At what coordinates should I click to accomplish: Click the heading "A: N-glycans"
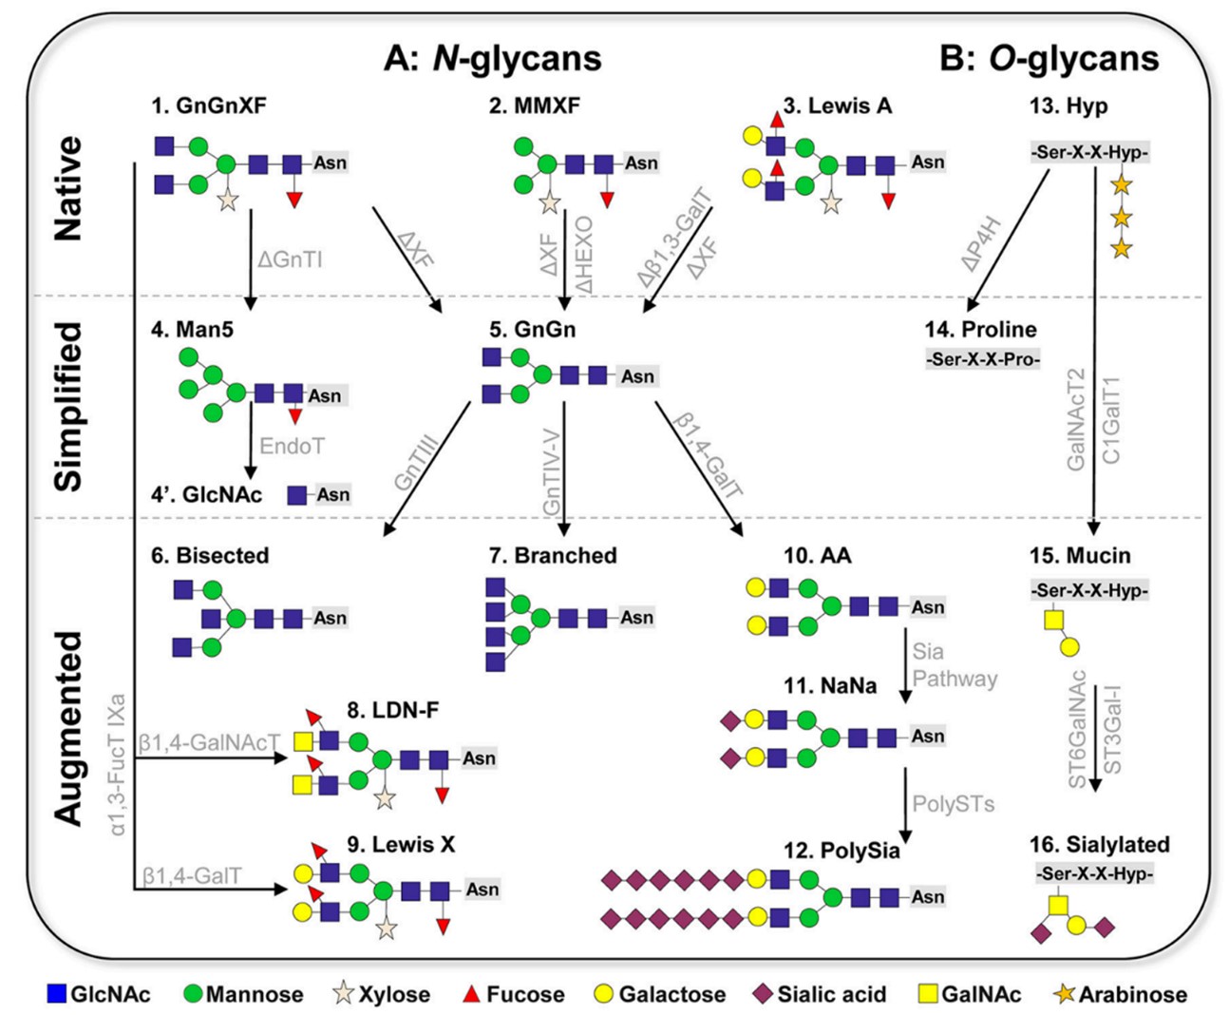coord(492,58)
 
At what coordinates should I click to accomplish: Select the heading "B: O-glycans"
coord(1049,58)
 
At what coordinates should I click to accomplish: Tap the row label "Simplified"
coord(68,406)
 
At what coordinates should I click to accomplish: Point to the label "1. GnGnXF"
coord(208,105)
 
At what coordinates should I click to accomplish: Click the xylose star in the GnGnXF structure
coord(227,200)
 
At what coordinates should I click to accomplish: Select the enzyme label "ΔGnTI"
coord(290,259)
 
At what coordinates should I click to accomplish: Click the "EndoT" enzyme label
coord(292,446)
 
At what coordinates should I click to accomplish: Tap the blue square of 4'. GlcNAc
coord(297,495)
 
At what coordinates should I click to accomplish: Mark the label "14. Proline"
coord(980,330)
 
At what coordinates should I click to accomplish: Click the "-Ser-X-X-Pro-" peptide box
coord(983,359)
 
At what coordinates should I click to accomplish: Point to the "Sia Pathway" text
coord(954,665)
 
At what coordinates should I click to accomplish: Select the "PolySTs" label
coord(953,804)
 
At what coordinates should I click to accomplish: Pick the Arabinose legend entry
coord(1121,994)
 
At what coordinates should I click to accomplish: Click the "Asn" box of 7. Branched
coord(636,618)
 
